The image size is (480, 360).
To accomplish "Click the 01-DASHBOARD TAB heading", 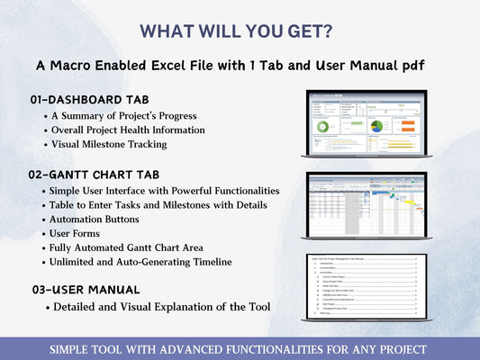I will (x=89, y=98).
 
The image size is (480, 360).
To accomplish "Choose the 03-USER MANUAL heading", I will (x=84, y=290).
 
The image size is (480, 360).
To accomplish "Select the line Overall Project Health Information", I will (x=129, y=130).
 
